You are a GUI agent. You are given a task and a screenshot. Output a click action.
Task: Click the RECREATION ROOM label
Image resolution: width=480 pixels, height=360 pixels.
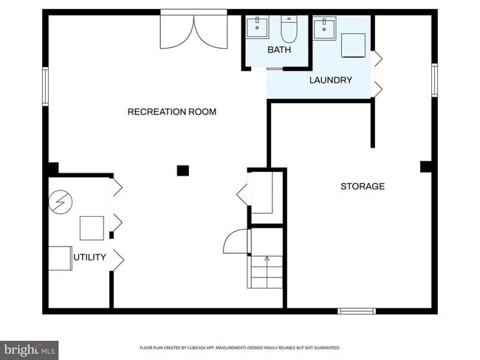coord(172,112)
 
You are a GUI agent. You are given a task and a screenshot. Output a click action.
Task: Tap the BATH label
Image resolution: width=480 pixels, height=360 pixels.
coord(280,50)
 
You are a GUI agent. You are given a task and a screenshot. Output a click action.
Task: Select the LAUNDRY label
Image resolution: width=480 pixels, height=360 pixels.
coord(330,80)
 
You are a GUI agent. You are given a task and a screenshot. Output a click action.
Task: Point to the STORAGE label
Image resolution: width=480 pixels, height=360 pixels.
coord(362,187)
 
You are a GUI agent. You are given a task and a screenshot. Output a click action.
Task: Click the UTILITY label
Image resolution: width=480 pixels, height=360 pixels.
coord(89,257)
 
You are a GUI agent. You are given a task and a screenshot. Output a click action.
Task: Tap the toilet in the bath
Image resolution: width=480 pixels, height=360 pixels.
coord(288,29)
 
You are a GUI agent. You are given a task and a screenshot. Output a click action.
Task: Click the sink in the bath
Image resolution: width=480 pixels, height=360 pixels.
coord(258,28)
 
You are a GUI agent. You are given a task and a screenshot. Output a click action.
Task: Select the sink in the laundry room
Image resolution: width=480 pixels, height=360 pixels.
coord(323,29)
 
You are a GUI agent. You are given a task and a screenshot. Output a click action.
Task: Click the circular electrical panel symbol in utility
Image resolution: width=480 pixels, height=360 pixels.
coord(59,202)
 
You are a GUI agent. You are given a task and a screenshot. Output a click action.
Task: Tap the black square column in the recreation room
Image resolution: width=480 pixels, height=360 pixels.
coord(182,171)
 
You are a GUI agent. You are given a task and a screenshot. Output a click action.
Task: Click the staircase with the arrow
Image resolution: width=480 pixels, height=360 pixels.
coord(266,271)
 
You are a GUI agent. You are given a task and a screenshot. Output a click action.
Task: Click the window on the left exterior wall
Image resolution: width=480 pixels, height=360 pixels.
coord(45,86)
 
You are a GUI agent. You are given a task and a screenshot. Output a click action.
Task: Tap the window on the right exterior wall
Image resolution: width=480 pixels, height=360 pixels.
coord(434,80)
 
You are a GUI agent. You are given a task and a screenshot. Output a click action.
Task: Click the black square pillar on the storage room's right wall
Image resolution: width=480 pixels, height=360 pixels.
coord(425,167)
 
